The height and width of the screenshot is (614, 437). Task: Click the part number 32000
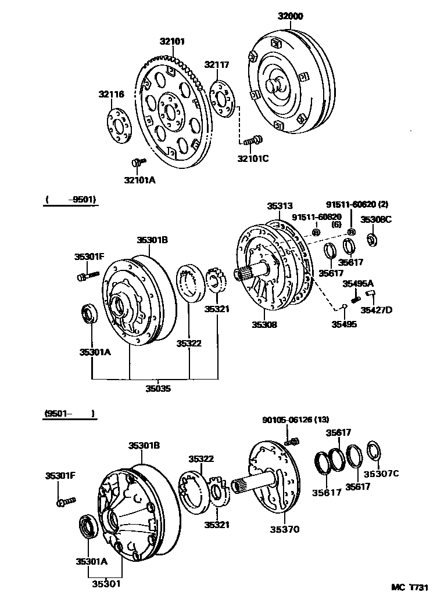click(291, 16)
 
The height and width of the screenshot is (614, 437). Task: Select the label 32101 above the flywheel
click(173, 41)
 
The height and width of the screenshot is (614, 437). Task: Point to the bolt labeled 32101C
click(253, 140)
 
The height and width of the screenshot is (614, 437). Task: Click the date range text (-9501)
click(70, 200)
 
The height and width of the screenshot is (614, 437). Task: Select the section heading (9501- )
click(69, 414)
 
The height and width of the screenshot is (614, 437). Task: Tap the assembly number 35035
click(158, 389)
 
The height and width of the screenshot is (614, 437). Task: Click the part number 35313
click(280, 205)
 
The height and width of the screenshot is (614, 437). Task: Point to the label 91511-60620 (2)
click(357, 205)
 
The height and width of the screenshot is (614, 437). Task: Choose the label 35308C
click(376, 219)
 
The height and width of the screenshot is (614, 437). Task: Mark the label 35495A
click(357, 283)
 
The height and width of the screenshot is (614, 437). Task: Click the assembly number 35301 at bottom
click(104, 583)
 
